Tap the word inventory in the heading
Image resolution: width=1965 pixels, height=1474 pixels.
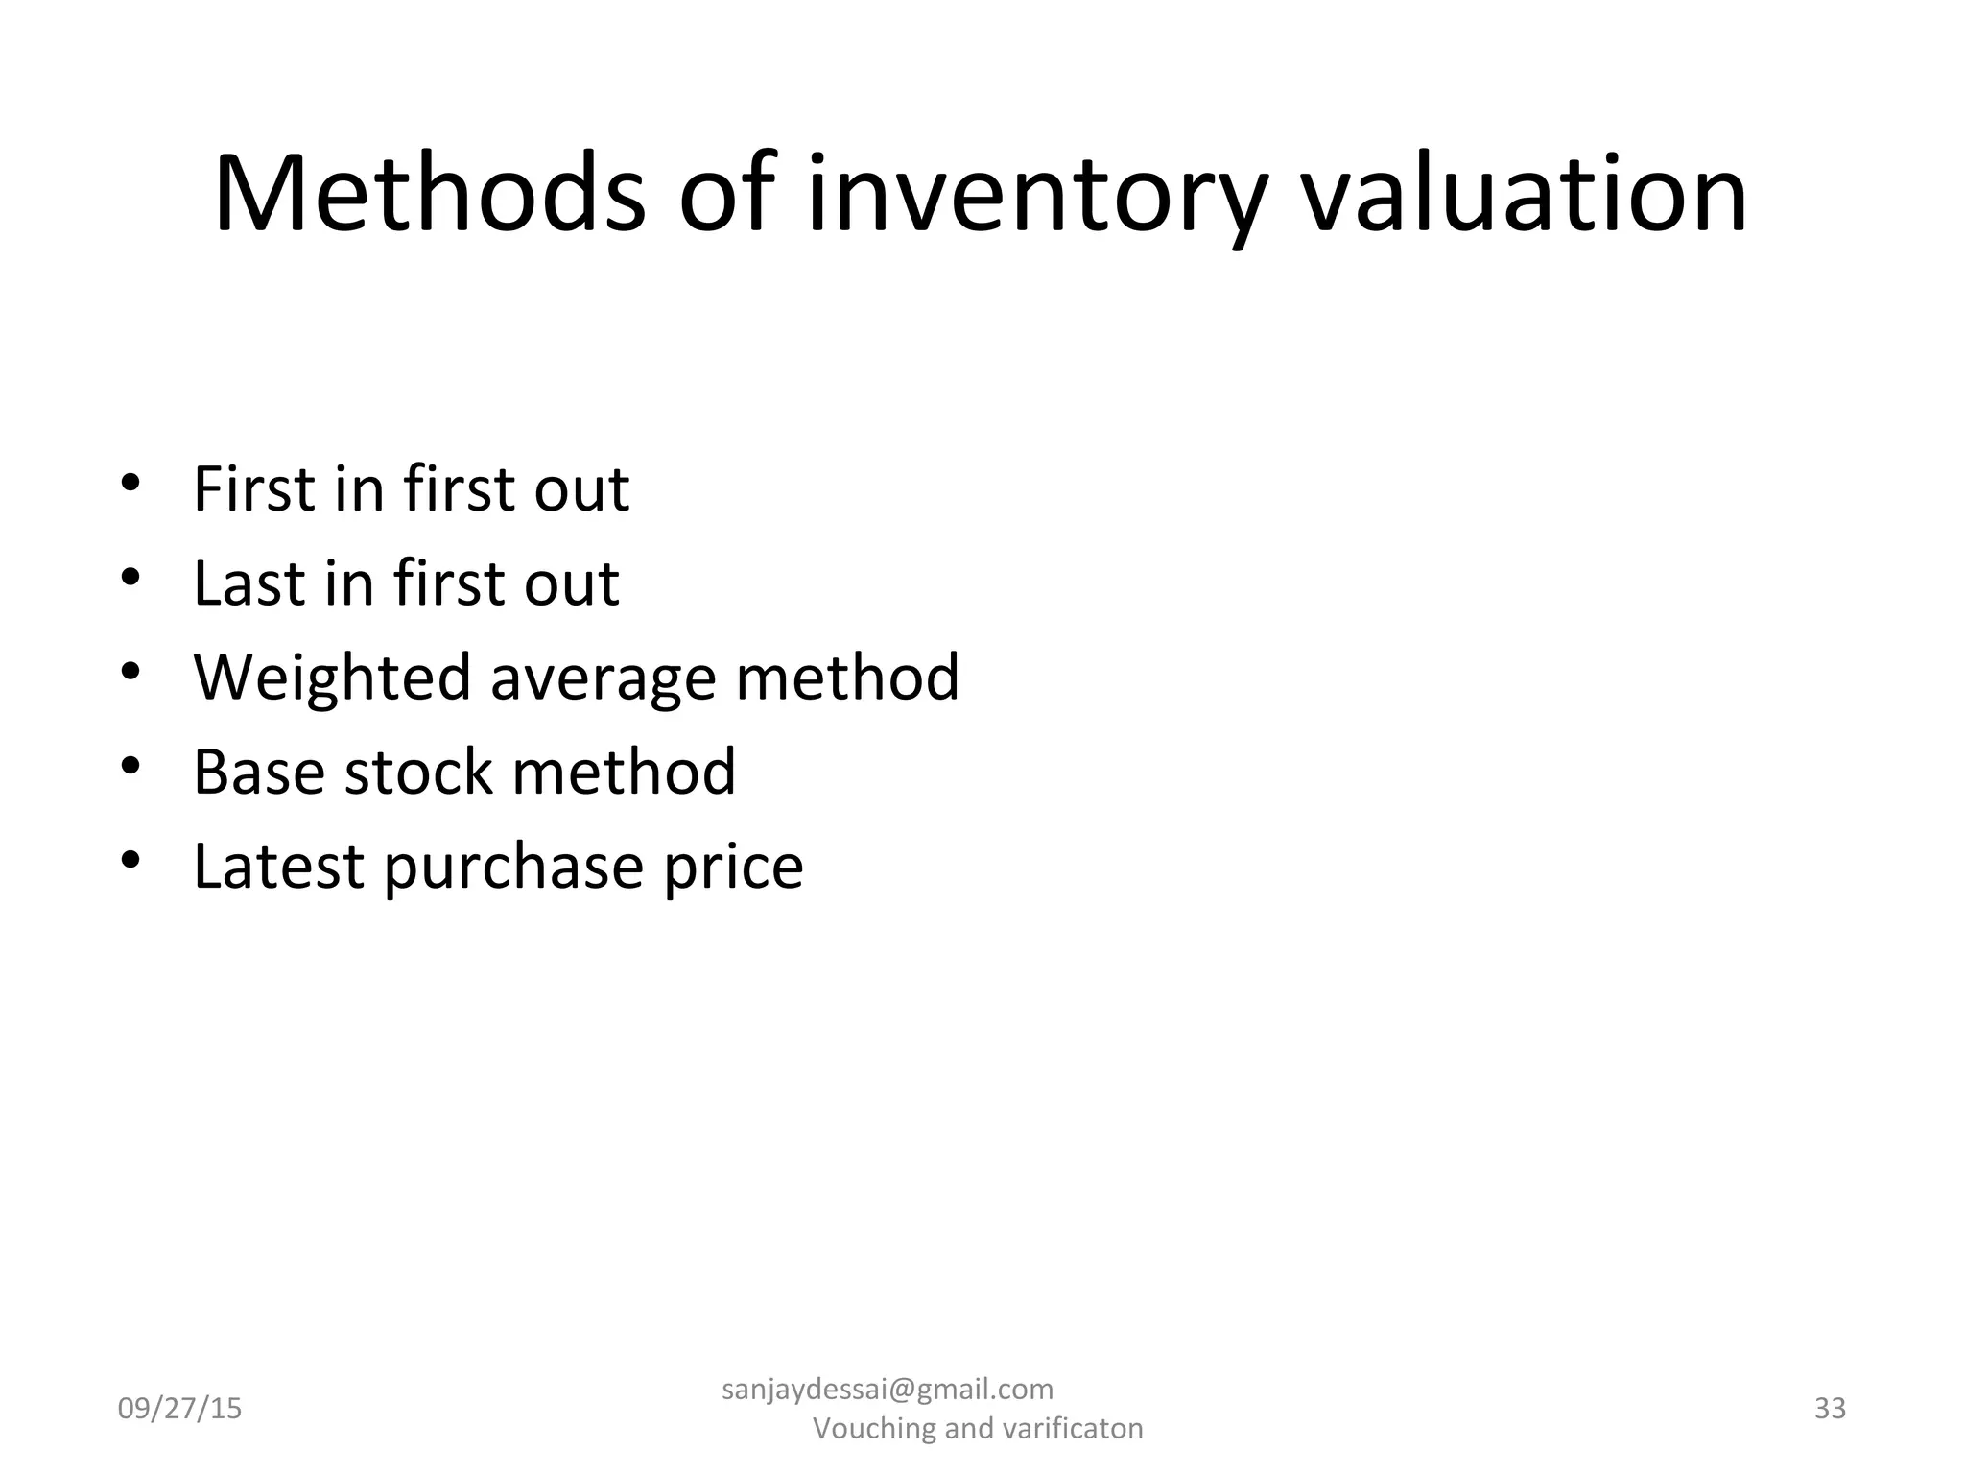pyautogui.click(x=1034, y=197)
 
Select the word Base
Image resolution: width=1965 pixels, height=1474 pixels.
pyautogui.click(x=258, y=772)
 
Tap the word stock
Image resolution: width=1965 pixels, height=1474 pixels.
pyautogui.click(x=418, y=772)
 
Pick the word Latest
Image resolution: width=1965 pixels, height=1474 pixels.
pyautogui.click(x=278, y=867)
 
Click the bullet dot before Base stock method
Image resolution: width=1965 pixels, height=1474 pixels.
pyautogui.click(x=131, y=766)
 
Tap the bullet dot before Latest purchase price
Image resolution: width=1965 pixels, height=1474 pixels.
pyautogui.click(x=131, y=860)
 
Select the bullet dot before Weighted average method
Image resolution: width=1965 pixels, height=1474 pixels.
pyautogui.click(x=131, y=672)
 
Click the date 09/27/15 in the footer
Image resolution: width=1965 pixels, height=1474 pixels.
pyautogui.click(x=179, y=1409)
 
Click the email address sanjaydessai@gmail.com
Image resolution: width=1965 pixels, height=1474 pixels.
pyautogui.click(x=887, y=1389)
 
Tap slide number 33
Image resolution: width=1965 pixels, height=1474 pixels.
pyautogui.click(x=1830, y=1408)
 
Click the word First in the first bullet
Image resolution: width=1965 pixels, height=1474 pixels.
pyautogui.click(x=253, y=489)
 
